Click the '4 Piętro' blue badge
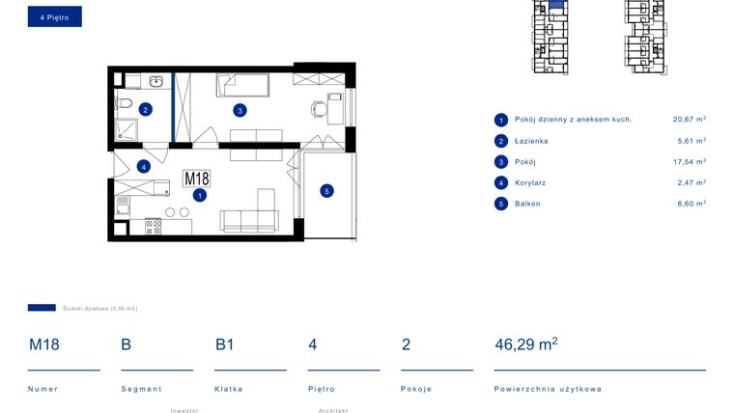coord(54,16)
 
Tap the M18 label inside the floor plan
coord(196,179)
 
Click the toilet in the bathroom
coord(123,103)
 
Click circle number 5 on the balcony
coord(326,191)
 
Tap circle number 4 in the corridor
coord(143,166)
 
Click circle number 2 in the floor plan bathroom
coord(145,109)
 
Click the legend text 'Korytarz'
coord(531,182)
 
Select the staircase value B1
coord(225,344)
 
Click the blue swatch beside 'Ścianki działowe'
coord(42,308)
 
